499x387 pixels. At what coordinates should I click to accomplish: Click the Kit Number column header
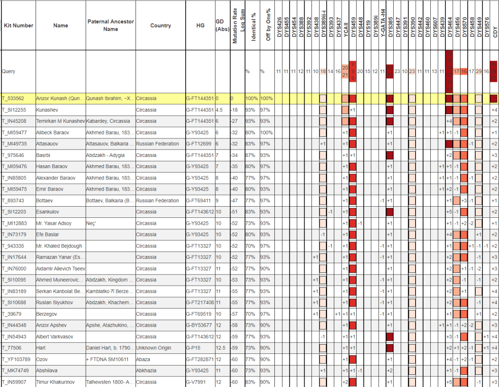18,25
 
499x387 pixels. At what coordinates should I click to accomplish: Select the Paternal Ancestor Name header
111,25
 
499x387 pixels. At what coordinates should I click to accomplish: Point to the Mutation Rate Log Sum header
237,25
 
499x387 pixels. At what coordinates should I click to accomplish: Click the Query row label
9,71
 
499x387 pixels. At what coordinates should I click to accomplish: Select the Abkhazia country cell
147,370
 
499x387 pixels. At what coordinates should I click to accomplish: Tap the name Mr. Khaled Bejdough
59,246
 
